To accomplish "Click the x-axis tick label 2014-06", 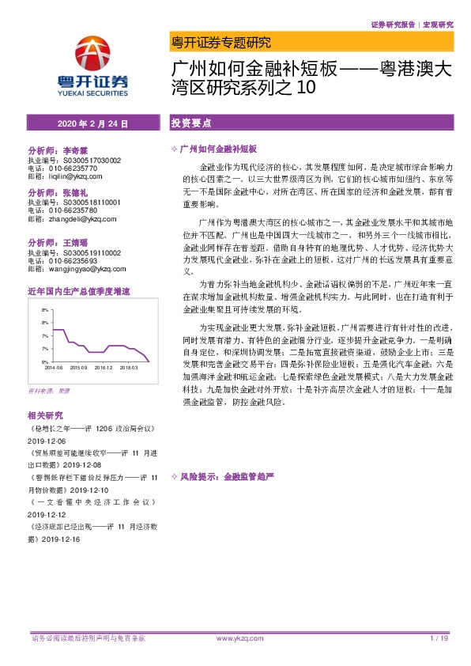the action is pyautogui.click(x=53, y=368).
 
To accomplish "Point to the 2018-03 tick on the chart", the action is pyautogui.click(x=130, y=368).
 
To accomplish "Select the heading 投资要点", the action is pyautogui.click(x=190, y=124).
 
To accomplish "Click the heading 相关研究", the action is pyautogui.click(x=45, y=414).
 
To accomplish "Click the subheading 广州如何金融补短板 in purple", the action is pyautogui.click(x=224, y=149).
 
